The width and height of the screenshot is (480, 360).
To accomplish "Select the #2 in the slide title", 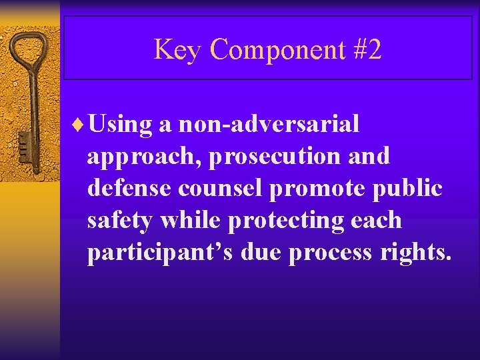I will (367, 49).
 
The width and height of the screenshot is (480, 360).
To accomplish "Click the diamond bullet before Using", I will (81, 124).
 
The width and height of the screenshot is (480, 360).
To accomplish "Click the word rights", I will (417, 253).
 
